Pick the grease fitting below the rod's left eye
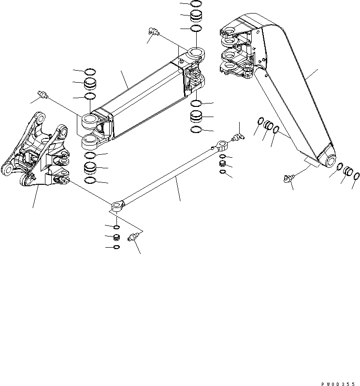pyautogui.click(x=133, y=238)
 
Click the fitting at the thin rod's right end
pyautogui.click(x=237, y=137)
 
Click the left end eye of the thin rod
pyautogui.click(x=117, y=207)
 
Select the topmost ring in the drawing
pyautogui.click(x=196, y=3)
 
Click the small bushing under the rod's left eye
pyautogui.click(x=116, y=238)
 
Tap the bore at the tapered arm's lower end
pyautogui.click(x=331, y=160)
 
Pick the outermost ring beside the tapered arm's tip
pyautogui.click(x=357, y=175)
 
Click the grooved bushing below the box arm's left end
pyautogui.click(x=89, y=168)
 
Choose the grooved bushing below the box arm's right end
pyautogui.click(x=196, y=117)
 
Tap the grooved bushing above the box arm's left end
pyautogui.click(x=90, y=84)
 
